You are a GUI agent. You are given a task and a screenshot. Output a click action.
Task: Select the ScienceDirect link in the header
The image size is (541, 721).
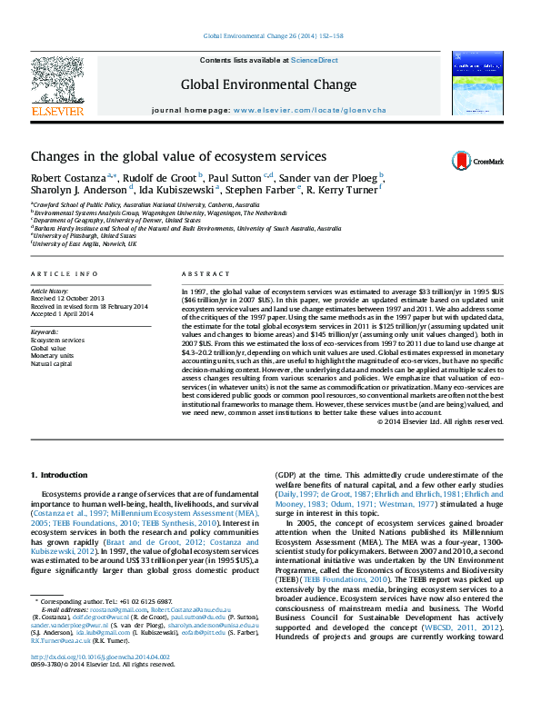pyautogui.click(x=315, y=60)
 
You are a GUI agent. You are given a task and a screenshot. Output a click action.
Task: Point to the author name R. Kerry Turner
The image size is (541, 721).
pyautogui.click(x=346, y=191)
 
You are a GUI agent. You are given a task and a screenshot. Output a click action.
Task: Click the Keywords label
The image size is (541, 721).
pyautogui.click(x=45, y=332)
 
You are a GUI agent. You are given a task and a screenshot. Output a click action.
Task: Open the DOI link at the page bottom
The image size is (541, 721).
pyautogui.click(x=113, y=683)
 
